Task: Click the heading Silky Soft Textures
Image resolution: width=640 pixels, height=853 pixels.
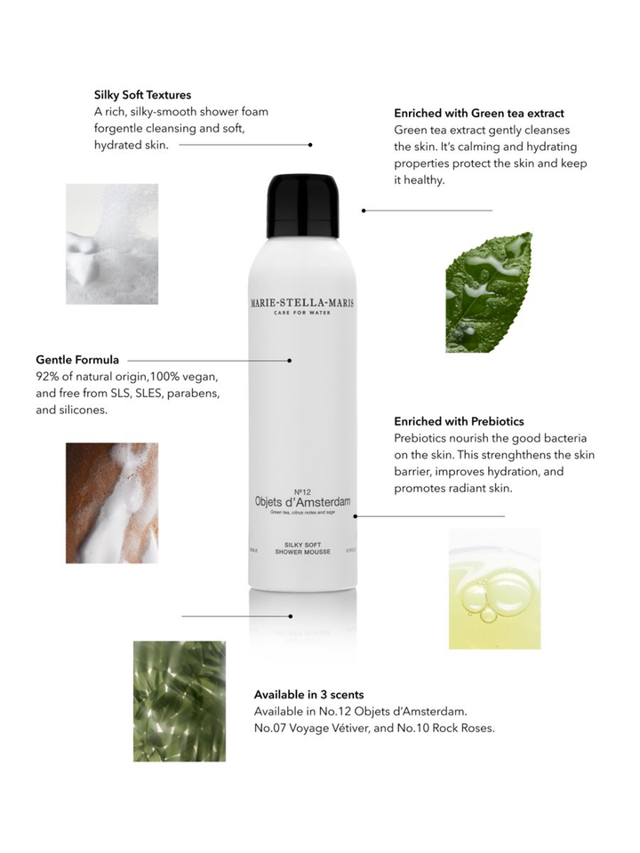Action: click(142, 94)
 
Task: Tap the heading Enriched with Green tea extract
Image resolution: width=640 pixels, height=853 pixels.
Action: click(479, 114)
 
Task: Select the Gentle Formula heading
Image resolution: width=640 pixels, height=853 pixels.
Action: click(77, 360)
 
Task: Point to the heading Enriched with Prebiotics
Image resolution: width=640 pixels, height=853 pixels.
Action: click(459, 421)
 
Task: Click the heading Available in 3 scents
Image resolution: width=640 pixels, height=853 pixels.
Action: click(308, 694)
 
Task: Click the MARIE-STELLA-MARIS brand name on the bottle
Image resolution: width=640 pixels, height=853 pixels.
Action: click(302, 303)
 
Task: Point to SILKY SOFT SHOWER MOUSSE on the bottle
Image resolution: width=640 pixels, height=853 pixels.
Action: click(302, 547)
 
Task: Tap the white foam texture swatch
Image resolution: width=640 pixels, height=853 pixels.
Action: click(112, 243)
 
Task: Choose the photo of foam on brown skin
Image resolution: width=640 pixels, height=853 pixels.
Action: click(112, 502)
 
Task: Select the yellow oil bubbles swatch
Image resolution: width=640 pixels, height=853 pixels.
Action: click(494, 588)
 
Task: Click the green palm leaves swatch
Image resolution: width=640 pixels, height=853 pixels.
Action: click(179, 700)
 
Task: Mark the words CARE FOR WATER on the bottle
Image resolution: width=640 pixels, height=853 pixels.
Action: click(302, 314)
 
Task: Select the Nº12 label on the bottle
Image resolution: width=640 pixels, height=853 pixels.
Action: click(302, 490)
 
